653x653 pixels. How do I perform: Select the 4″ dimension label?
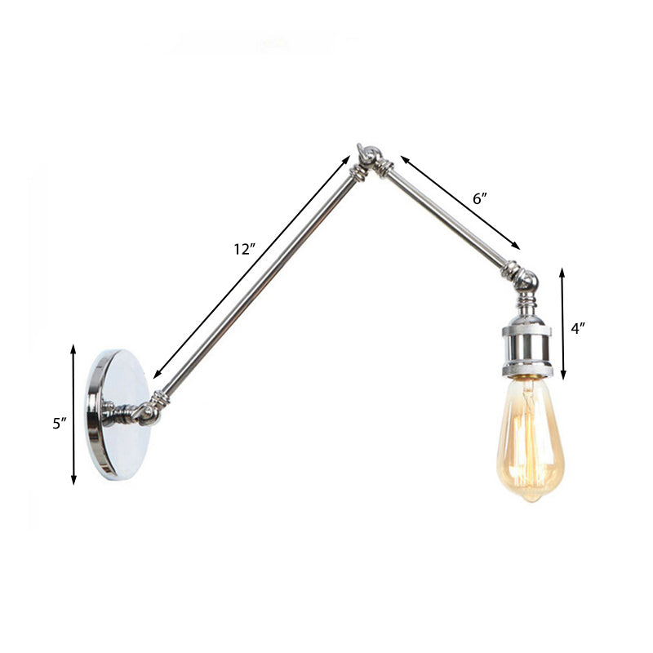(579, 329)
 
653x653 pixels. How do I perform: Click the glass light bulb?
(529, 441)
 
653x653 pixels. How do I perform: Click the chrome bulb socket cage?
(526, 349)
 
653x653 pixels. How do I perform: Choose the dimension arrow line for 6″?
(460, 202)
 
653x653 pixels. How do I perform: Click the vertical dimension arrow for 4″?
(562, 324)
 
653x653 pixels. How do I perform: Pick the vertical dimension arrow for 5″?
(74, 415)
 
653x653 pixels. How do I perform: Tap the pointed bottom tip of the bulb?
(531, 498)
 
